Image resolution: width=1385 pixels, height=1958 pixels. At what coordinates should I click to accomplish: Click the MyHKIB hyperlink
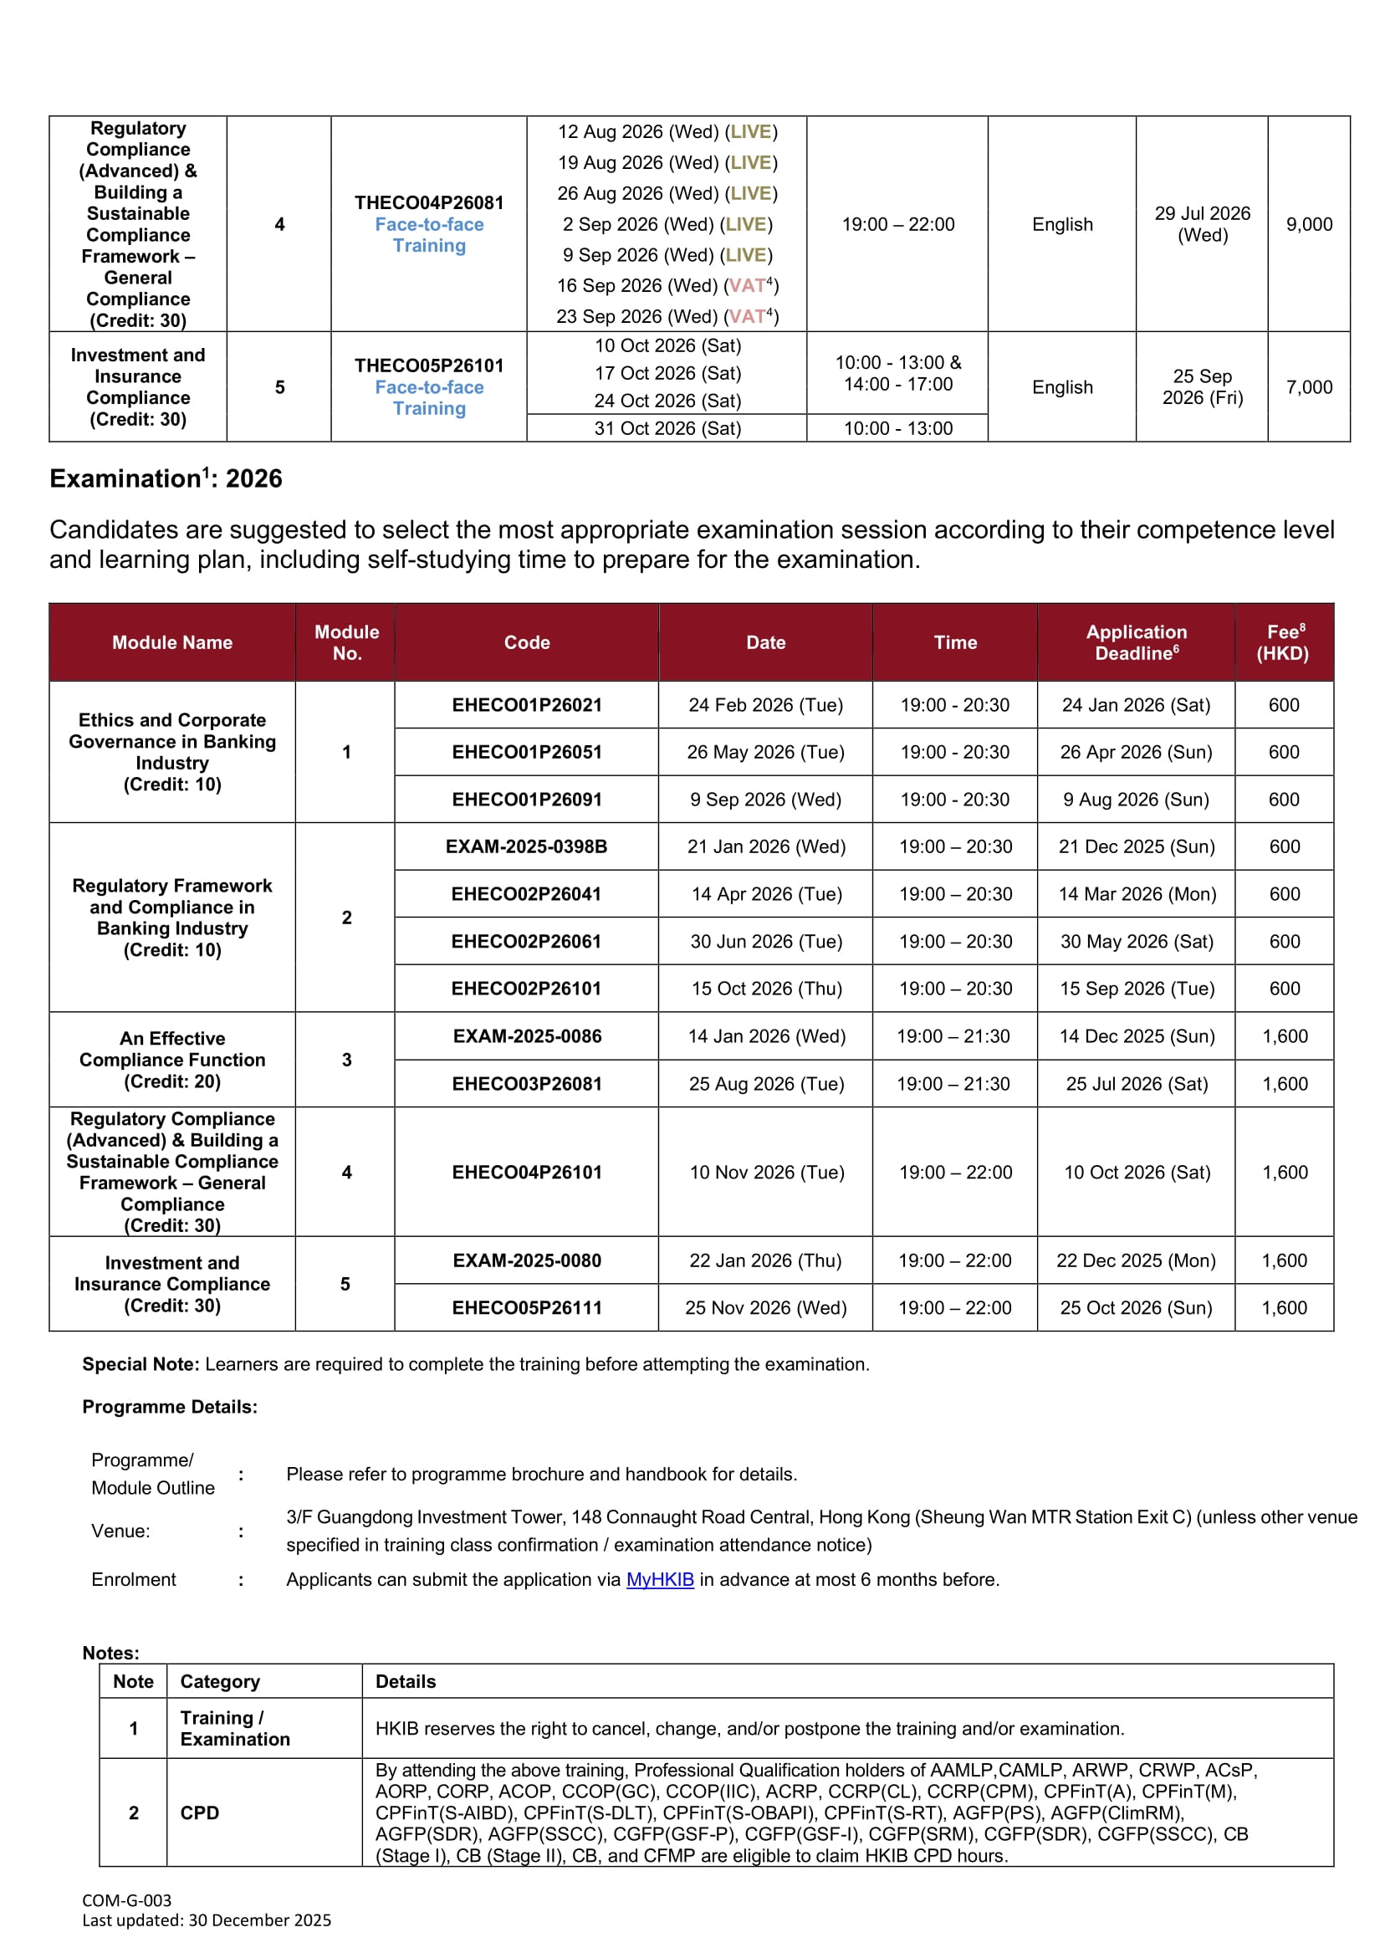[659, 1579]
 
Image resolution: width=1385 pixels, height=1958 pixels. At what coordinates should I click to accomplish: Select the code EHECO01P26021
[526, 705]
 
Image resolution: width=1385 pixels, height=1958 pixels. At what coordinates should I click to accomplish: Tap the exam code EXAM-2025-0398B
[526, 846]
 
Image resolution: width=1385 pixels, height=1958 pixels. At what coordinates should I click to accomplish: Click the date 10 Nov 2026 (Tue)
[766, 1173]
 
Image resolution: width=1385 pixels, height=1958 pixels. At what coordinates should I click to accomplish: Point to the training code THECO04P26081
[429, 203]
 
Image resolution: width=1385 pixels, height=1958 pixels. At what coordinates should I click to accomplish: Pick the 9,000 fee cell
[1308, 224]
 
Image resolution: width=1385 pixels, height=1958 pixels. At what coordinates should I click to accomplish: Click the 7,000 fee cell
[1308, 387]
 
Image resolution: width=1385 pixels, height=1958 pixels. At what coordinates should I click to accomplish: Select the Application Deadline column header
[1136, 642]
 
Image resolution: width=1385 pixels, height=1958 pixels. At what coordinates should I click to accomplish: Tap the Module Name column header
[172, 643]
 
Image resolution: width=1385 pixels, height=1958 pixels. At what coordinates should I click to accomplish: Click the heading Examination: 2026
[166, 478]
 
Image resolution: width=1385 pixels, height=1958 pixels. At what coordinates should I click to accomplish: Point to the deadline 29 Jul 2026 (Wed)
[1202, 224]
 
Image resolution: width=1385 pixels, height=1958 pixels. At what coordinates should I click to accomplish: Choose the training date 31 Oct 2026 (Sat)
[667, 428]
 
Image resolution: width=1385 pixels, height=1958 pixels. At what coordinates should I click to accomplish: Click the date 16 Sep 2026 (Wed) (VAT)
[667, 286]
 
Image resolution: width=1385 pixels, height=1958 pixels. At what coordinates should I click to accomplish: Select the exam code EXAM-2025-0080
[526, 1260]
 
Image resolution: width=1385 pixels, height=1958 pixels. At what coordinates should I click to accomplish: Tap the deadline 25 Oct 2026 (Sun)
[1135, 1307]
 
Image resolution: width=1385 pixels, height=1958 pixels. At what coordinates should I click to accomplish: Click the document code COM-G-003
[127, 1900]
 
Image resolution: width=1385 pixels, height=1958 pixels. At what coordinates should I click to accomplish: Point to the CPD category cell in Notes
[200, 1813]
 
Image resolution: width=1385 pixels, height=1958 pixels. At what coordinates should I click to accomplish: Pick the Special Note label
[141, 1364]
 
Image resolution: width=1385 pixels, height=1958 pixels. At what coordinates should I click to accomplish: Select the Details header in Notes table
[405, 1682]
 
